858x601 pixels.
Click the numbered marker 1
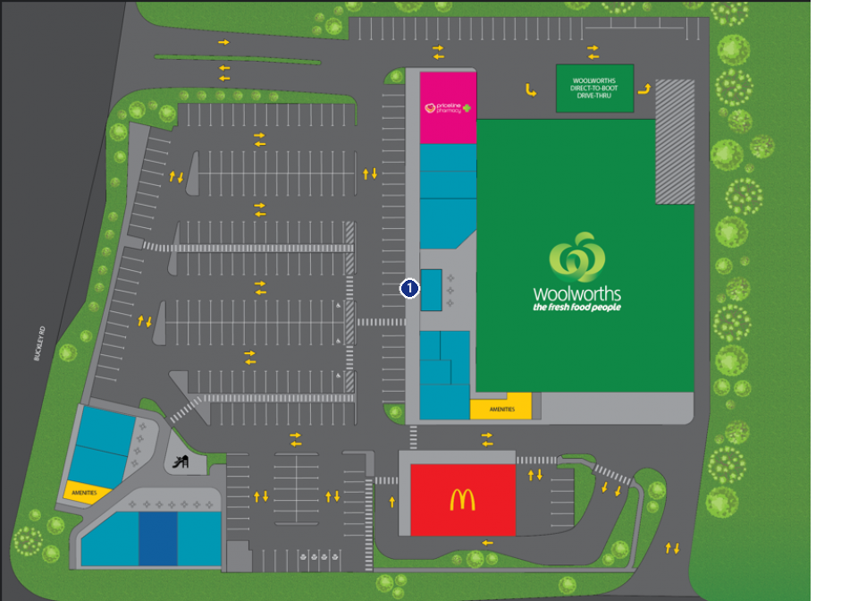click(x=409, y=288)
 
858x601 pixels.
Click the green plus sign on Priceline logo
click(x=466, y=108)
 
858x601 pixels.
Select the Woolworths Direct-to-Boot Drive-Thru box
click(x=594, y=88)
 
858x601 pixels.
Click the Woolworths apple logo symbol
click(x=576, y=258)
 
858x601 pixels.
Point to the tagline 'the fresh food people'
click(x=576, y=308)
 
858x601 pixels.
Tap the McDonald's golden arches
click(x=462, y=500)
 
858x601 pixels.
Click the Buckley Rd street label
click(x=38, y=344)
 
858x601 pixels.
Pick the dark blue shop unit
click(x=158, y=538)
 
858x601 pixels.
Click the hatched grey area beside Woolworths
click(x=675, y=141)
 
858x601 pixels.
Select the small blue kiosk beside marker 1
click(x=431, y=289)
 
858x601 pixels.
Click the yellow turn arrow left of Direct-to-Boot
click(x=530, y=89)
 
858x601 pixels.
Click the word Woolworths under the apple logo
click(x=576, y=293)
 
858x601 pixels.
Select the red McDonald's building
click(x=462, y=500)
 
